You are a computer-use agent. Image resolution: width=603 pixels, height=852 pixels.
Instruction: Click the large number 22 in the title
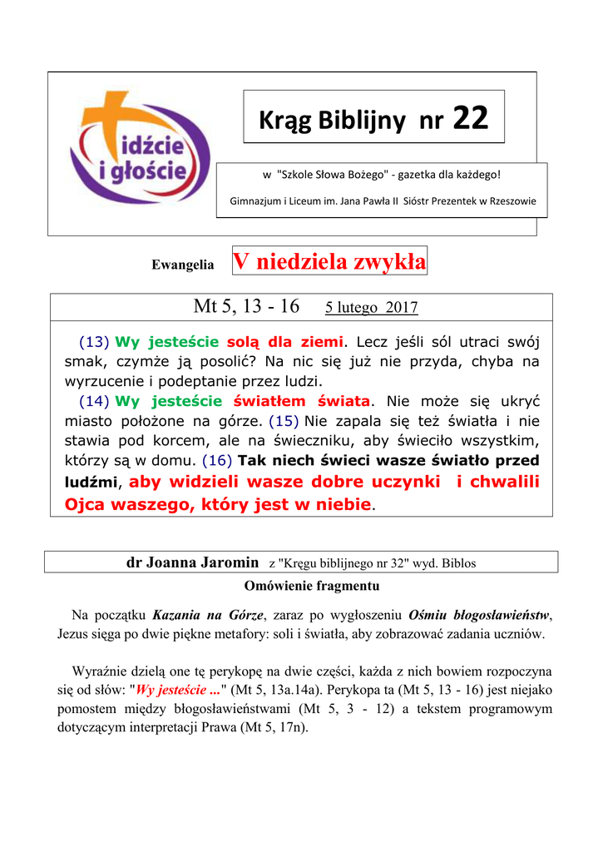coord(470,121)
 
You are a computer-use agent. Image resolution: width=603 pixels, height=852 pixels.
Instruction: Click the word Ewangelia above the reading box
coord(182,265)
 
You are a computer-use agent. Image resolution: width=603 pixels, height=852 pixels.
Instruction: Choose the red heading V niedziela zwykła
coord(330,262)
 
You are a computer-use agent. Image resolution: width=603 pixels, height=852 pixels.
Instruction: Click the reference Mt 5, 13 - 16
coord(246,306)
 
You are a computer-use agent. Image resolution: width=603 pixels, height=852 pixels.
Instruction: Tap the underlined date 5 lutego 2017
coord(371,308)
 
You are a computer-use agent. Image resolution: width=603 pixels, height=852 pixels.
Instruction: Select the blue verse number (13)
coord(94,341)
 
